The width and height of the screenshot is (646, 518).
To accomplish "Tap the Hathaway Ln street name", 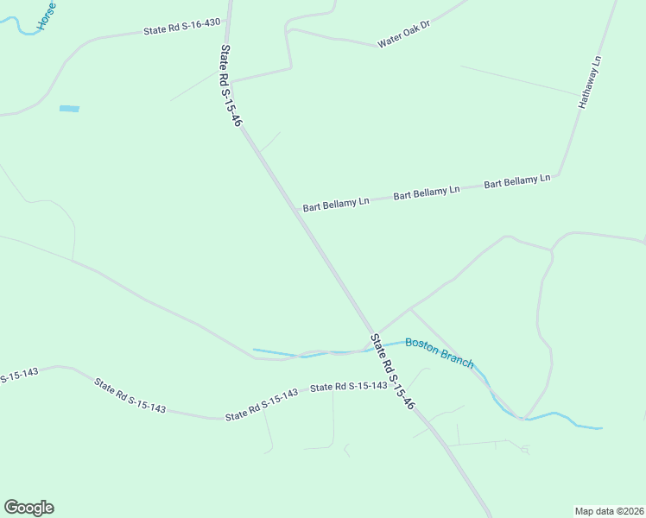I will pos(592,83).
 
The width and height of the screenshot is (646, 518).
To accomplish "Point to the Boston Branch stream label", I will pos(440,353).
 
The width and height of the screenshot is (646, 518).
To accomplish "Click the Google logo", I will pos(28,508).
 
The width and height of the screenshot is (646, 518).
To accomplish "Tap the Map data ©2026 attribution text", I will pos(609,510).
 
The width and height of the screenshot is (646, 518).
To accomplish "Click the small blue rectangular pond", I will pos(69,109).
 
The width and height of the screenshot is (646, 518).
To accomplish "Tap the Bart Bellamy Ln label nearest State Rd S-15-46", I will pos(336,204).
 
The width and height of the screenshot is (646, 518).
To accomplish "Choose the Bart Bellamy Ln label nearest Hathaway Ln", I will pos(516,182).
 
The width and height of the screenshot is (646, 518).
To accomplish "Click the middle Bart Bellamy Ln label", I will pos(427,193).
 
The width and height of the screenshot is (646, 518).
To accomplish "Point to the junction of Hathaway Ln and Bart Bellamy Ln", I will pos(559,176).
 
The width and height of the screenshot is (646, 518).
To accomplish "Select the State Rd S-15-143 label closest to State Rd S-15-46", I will pos(349,387).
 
